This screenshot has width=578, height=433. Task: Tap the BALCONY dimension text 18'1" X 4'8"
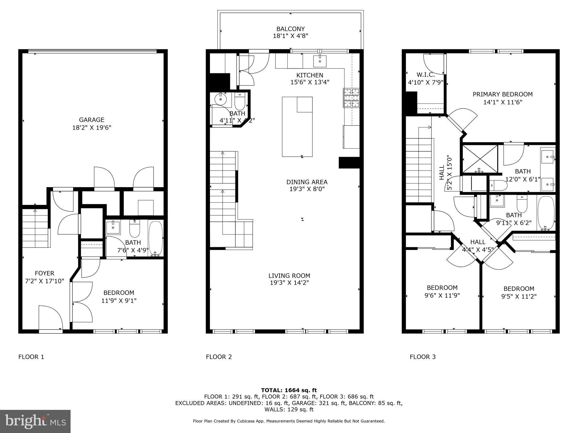click(290, 36)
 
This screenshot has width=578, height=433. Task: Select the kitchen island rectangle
click(297, 127)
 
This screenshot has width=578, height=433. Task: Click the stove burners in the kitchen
click(351, 98)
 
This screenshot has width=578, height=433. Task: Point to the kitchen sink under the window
click(320, 61)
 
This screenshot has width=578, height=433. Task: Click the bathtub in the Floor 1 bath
click(156, 238)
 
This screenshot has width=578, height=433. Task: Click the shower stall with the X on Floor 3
click(480, 158)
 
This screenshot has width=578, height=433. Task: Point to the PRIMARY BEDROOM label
click(502, 94)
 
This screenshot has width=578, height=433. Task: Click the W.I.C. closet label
click(425, 75)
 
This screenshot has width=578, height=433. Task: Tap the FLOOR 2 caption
click(219, 357)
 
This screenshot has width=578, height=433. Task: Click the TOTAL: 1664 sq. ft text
click(289, 390)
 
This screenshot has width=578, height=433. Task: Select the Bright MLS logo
click(35, 421)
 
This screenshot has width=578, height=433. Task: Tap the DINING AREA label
click(307, 182)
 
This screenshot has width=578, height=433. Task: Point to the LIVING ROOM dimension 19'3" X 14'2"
click(289, 283)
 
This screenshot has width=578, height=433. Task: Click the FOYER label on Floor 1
click(45, 273)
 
